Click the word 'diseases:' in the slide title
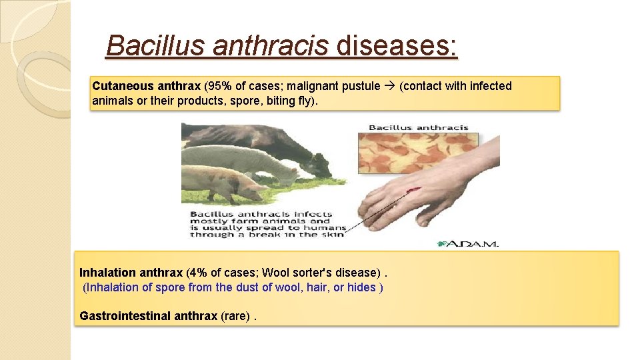tap(397, 46)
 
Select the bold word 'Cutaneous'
tap(123, 86)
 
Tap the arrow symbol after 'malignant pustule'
tap(389, 86)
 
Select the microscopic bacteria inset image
tap(418, 153)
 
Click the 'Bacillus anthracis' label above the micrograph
tap(418, 127)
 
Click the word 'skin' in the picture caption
tap(333, 235)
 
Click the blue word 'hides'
tap(361, 287)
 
